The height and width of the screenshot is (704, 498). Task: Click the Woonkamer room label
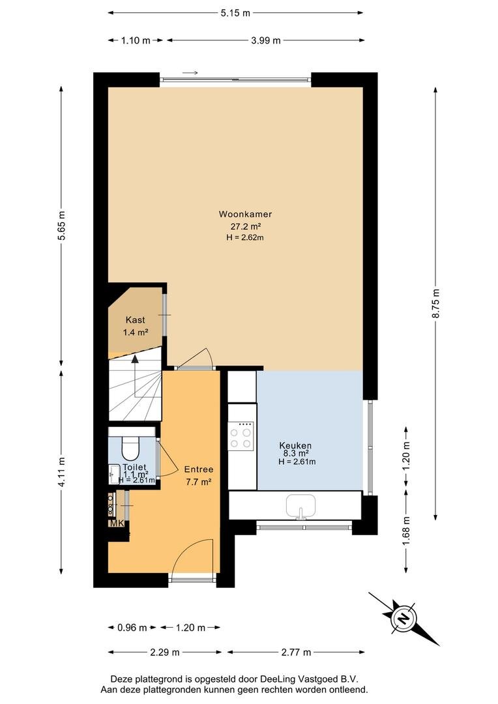[x=245, y=214]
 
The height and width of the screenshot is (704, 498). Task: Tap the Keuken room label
[x=295, y=445]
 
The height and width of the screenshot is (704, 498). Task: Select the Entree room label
[x=198, y=469]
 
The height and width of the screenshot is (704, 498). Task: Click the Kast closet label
[x=135, y=319]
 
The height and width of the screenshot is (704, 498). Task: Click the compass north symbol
[x=403, y=619]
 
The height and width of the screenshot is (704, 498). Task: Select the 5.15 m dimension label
[x=235, y=13]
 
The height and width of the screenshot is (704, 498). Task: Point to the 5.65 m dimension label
[x=61, y=226]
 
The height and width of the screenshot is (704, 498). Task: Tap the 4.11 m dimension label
[x=61, y=471]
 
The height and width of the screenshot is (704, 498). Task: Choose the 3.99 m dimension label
[x=266, y=40]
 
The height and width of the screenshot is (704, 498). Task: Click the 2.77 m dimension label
[x=296, y=652]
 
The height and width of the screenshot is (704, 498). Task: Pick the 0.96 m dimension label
[x=132, y=627]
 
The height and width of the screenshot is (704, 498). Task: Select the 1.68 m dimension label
[x=406, y=531]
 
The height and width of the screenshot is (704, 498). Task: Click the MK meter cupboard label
[x=117, y=523]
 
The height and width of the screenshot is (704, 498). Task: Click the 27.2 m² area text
[x=246, y=227]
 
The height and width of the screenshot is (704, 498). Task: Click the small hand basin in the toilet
[x=113, y=474]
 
